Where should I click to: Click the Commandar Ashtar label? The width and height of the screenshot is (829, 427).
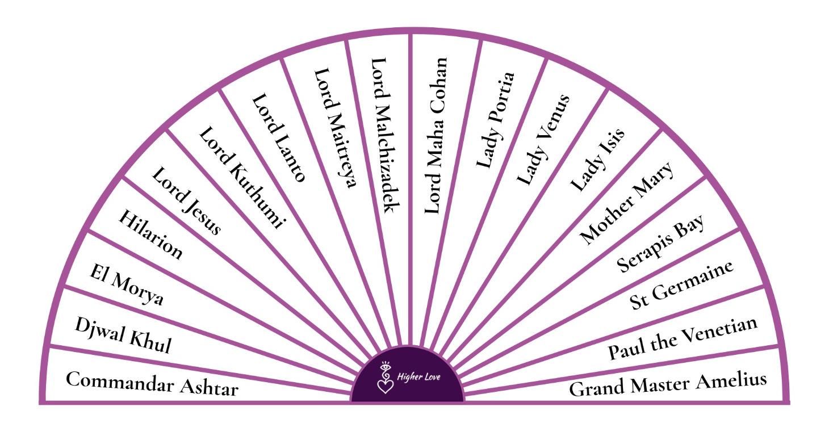(x=152, y=384)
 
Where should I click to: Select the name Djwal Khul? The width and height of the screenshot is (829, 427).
(x=123, y=336)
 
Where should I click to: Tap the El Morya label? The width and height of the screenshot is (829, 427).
(x=126, y=284)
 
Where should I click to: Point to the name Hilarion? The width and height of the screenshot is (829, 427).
(x=150, y=234)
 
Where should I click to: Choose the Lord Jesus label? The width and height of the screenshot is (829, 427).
(x=186, y=200)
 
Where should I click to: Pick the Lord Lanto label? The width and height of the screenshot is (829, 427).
(x=279, y=137)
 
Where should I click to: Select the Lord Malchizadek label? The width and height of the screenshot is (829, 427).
(x=386, y=136)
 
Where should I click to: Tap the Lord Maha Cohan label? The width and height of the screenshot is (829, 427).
(x=436, y=136)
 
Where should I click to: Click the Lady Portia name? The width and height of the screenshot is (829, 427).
(x=495, y=120)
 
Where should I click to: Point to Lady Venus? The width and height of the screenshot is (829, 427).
(x=543, y=139)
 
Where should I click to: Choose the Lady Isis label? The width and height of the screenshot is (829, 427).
(x=597, y=160)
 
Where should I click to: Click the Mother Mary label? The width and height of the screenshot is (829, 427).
(x=626, y=203)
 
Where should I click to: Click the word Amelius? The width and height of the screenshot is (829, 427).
(x=731, y=382)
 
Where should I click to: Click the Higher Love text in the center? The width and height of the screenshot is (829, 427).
(x=418, y=377)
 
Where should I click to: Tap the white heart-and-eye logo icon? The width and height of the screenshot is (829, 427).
(x=386, y=378)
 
